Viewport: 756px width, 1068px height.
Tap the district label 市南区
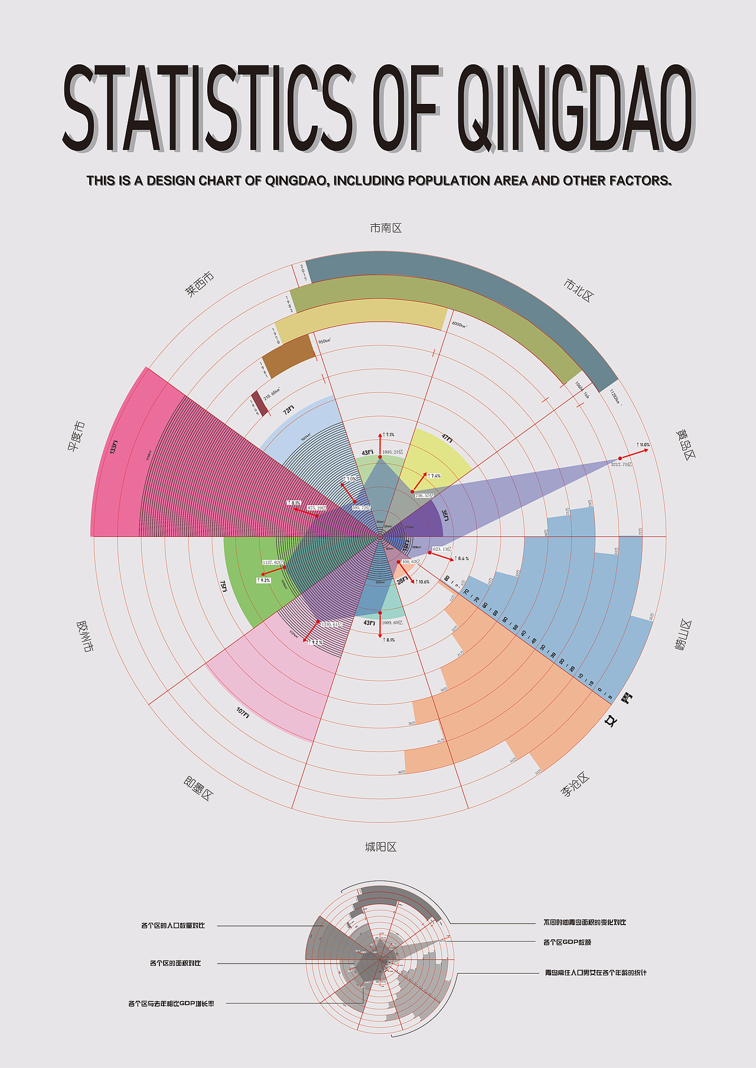pos(386,228)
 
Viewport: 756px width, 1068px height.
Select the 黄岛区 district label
pos(686,444)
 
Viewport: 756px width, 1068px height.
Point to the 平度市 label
pos(76,437)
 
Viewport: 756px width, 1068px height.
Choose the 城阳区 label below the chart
pos(381,847)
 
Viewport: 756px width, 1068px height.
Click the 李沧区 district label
pos(575,784)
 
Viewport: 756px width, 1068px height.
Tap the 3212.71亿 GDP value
pos(621,464)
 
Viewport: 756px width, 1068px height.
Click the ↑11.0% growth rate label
pos(643,444)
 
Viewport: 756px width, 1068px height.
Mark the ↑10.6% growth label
pos(422,582)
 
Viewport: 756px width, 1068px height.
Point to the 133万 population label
pos(114,447)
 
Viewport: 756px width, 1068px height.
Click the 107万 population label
pos(243,712)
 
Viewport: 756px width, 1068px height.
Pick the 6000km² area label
pos(460,325)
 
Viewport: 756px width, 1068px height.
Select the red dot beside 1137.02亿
pos(285,567)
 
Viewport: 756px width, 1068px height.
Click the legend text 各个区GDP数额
pos(567,942)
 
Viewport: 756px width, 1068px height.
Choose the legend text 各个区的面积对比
pos(175,963)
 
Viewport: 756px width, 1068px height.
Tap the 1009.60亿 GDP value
pos(392,623)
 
